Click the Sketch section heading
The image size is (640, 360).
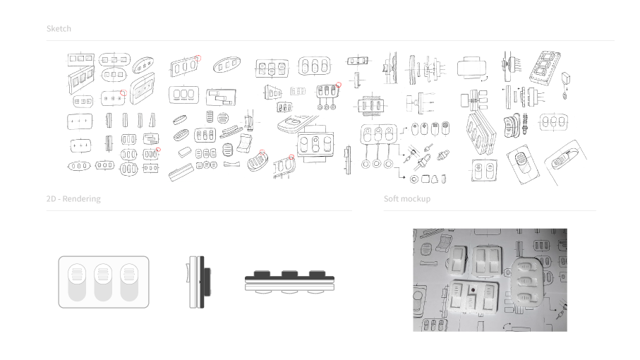[59, 28]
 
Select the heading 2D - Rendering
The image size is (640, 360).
[73, 199]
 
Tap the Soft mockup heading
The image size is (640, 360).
[407, 199]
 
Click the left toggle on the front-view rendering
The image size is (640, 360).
[77, 282]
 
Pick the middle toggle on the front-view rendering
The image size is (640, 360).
[103, 282]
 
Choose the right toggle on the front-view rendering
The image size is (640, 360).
[129, 282]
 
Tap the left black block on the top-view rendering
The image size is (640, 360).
[262, 273]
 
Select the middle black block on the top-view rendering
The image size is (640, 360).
[289, 273]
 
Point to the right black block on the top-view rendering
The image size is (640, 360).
[317, 273]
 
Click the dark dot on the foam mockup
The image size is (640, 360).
[473, 290]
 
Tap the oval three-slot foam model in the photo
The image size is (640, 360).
[529, 281]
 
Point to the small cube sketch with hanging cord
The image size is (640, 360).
[566, 78]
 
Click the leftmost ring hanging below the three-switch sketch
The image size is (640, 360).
[366, 164]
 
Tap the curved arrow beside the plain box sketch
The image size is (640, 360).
[483, 79]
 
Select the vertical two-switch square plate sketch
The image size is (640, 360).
[484, 170]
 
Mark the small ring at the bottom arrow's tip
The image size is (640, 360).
[414, 179]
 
